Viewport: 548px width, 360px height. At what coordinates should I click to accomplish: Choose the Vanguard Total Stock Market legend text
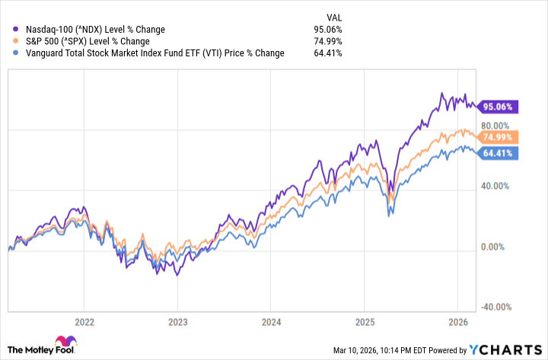149,53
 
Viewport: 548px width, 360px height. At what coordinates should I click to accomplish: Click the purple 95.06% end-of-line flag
499,107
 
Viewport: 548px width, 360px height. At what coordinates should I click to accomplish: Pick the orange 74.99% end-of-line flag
499,137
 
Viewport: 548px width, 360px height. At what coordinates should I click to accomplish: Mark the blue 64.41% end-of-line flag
499,153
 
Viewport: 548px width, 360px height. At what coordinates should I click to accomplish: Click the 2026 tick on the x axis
457,321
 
